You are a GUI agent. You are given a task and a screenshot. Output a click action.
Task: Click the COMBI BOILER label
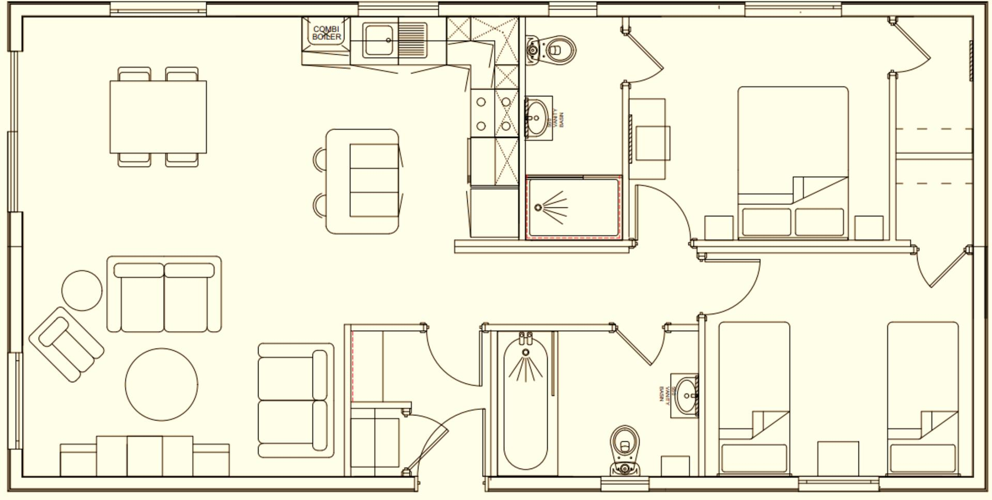(327, 33)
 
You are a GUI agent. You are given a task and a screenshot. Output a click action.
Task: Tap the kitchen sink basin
(380, 40)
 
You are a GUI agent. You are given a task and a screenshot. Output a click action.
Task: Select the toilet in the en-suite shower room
(551, 50)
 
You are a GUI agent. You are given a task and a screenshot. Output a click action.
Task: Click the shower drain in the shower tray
(538, 207)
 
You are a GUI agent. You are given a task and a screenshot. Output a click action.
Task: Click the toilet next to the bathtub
(625, 449)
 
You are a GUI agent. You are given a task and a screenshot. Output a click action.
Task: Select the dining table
(158, 117)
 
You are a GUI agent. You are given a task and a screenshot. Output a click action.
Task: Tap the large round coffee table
(161, 384)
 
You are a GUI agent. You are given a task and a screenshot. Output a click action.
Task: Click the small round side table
(82, 290)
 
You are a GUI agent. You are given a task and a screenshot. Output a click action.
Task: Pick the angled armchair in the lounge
(66, 344)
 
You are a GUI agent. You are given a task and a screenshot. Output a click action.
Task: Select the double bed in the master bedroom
(793, 163)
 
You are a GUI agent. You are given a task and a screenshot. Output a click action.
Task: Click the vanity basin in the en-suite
(537, 118)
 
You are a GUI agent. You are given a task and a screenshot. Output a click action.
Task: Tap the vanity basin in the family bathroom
(686, 395)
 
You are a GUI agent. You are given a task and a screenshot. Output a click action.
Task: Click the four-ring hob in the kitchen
(494, 113)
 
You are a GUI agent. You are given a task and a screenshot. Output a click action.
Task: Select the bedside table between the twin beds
(838, 458)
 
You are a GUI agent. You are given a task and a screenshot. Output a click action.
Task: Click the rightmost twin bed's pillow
(922, 458)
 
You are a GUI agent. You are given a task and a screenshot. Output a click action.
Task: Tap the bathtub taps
(525, 338)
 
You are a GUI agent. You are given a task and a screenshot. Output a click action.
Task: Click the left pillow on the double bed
(767, 221)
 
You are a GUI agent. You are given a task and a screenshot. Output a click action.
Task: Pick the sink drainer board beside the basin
(413, 40)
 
